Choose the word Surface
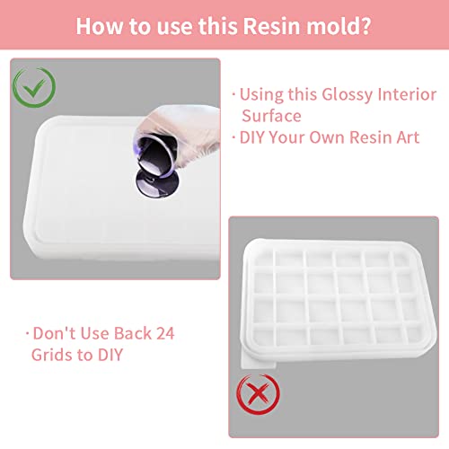[x=271, y=116]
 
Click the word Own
[x=339, y=138]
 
